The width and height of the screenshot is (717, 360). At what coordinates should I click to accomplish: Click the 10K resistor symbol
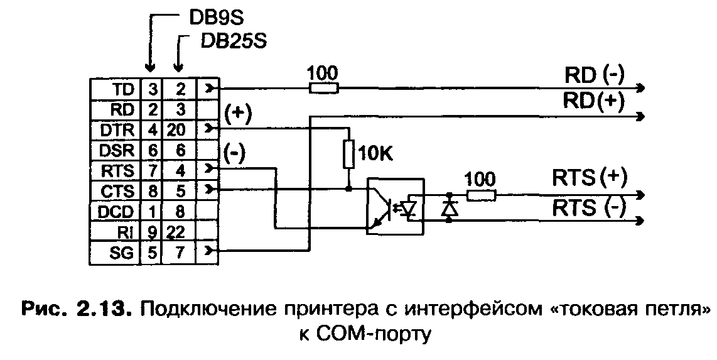pos(349,155)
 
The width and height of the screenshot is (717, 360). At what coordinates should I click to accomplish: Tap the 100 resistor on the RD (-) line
pos(324,88)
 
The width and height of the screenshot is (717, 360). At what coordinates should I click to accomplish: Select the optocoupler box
pos(396,207)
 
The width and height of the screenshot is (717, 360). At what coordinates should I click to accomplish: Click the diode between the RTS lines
pos(449,207)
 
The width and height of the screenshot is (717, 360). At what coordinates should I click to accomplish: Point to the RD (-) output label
pos(594,75)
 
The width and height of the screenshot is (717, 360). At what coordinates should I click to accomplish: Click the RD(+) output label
pos(594,101)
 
